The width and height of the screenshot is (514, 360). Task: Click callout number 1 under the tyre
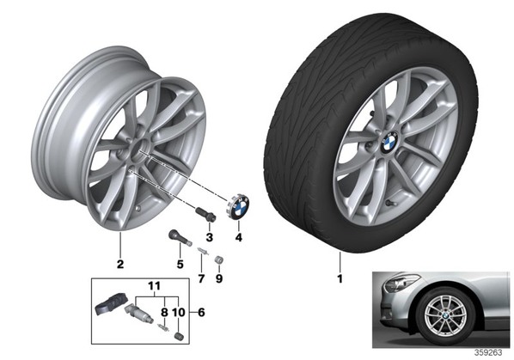point(340,278)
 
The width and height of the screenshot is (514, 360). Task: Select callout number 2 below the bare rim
point(120,264)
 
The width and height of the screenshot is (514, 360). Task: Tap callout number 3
point(209,237)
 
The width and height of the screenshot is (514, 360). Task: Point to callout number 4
point(239,237)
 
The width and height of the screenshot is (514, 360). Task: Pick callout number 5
point(180,264)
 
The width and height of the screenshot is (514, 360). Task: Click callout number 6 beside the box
point(201,312)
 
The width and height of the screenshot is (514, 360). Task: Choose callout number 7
point(201,278)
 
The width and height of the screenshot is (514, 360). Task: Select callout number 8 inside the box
point(164,312)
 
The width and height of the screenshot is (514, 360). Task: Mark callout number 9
point(219,278)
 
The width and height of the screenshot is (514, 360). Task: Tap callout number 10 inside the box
point(179,312)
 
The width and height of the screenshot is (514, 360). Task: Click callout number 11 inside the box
point(154,286)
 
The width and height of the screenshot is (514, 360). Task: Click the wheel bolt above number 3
point(205,215)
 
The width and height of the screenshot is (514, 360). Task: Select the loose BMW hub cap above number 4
point(239,206)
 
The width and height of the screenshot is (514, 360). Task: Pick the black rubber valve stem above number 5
point(180,238)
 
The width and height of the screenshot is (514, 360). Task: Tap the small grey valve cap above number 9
point(218,259)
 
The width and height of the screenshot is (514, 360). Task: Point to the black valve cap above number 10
point(179,337)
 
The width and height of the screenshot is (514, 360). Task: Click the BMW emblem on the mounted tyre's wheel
point(389,142)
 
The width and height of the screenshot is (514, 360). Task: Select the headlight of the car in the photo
point(401,283)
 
